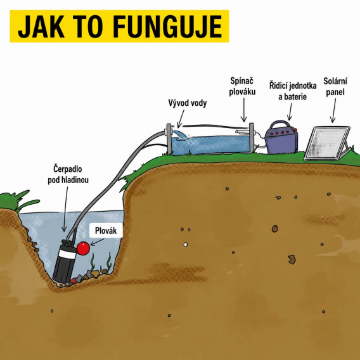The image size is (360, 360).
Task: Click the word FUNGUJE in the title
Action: [167, 26]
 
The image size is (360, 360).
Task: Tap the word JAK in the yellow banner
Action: [41, 26]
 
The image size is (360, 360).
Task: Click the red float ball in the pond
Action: [83, 248]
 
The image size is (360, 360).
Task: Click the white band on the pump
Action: [67, 254]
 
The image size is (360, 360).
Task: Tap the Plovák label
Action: [106, 231]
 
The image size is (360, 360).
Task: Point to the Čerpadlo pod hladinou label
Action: [68, 174]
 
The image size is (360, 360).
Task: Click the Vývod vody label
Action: [188, 103]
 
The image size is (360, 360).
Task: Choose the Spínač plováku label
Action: [242, 86]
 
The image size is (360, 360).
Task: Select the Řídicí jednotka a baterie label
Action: [293, 91]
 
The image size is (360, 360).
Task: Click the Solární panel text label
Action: [335, 86]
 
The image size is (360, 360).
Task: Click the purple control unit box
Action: [281, 140]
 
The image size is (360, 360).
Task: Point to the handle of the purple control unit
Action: [279, 125]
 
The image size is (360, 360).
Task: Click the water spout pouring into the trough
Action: [181, 135]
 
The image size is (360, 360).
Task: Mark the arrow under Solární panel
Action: [333, 110]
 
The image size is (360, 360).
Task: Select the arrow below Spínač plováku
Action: [243, 110]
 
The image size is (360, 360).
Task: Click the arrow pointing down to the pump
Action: [65, 209]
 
